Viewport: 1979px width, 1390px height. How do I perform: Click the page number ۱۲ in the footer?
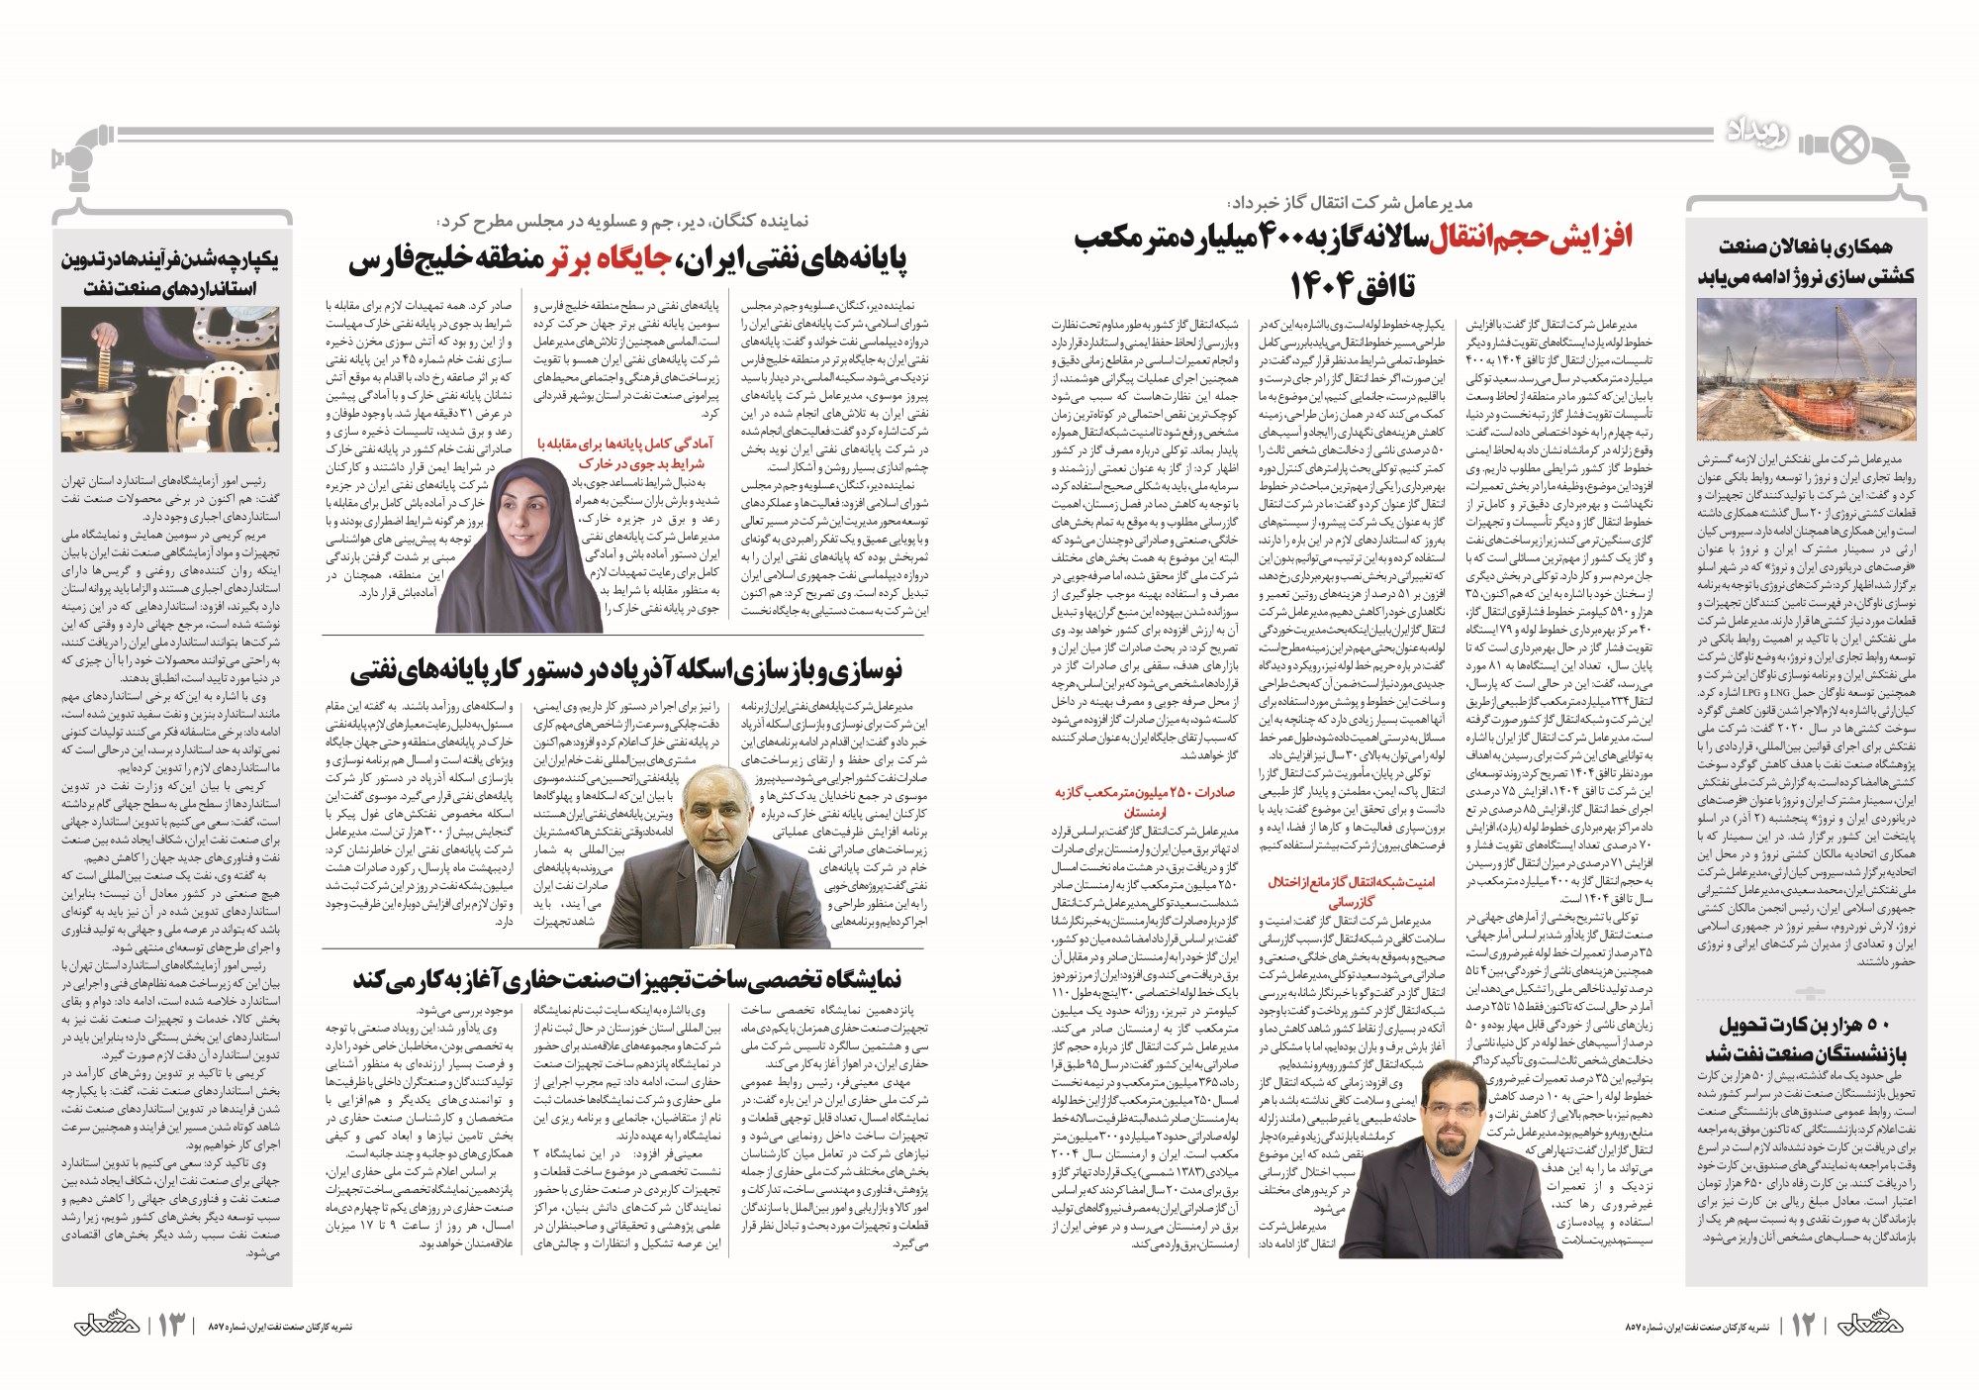tap(1803, 1325)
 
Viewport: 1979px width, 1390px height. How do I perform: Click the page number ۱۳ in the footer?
tap(170, 1325)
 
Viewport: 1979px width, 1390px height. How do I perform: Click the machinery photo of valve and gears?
tap(169, 380)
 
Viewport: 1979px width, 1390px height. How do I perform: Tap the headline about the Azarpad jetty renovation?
tap(626, 671)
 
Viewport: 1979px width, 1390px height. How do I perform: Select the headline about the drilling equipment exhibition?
tap(627, 979)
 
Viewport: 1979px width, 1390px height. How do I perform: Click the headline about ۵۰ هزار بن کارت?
tap(1807, 1037)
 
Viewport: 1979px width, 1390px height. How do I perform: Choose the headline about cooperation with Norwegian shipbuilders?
tap(1807, 261)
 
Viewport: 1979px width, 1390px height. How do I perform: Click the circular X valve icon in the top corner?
tap(1849, 146)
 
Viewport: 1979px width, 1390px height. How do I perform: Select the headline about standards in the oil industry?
tap(170, 273)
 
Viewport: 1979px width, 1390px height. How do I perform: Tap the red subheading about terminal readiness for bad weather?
tap(624, 453)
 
